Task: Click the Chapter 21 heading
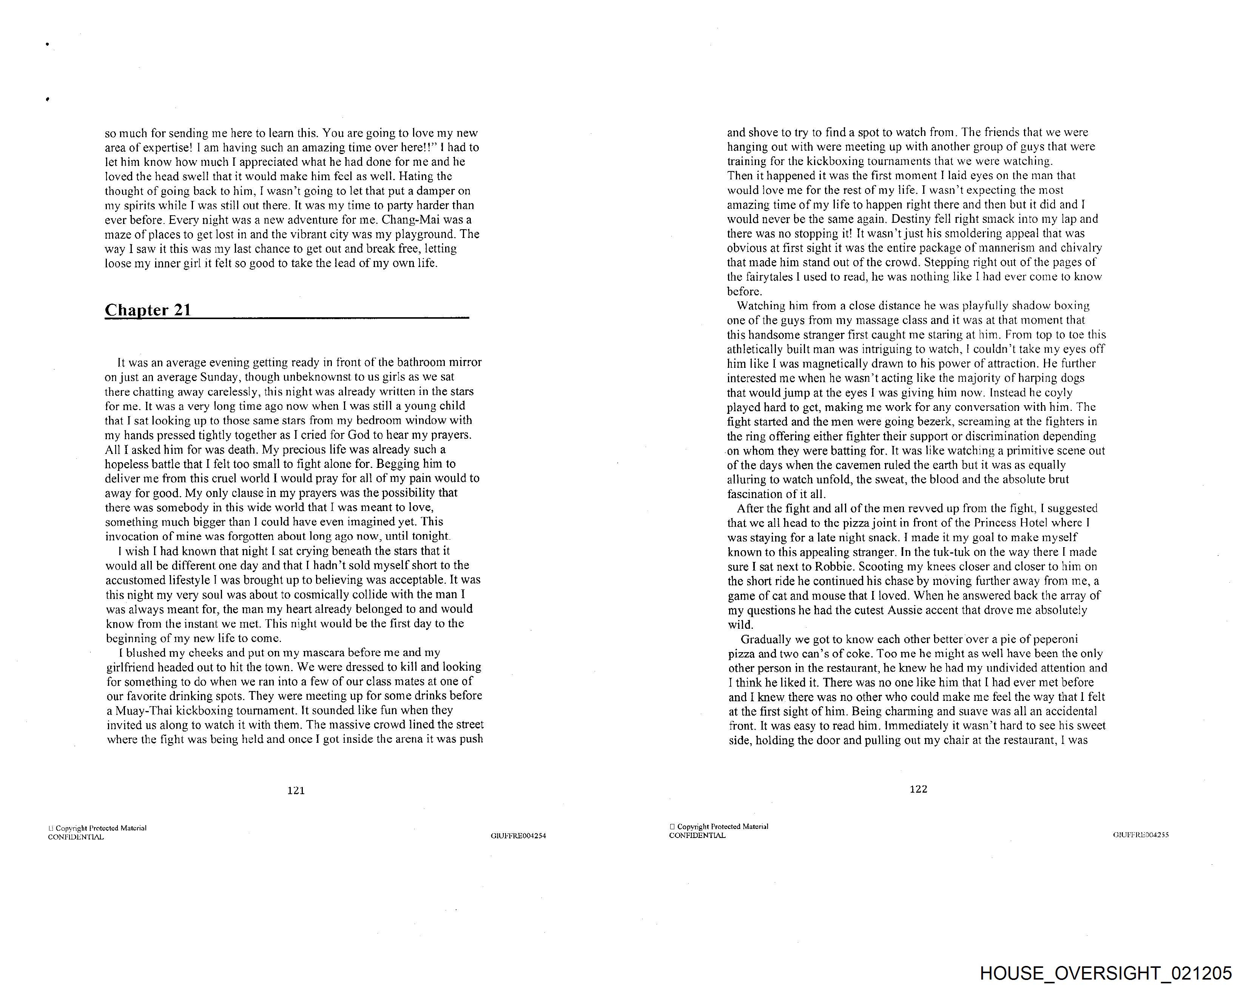pyautogui.click(x=148, y=310)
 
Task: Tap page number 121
pyautogui.click(x=296, y=790)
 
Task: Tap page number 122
pyautogui.click(x=918, y=789)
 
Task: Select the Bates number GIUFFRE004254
pyautogui.click(x=518, y=836)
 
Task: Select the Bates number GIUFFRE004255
pyautogui.click(x=1141, y=835)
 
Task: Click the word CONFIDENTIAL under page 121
pyautogui.click(x=76, y=837)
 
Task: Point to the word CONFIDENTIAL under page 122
pyautogui.click(x=697, y=835)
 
